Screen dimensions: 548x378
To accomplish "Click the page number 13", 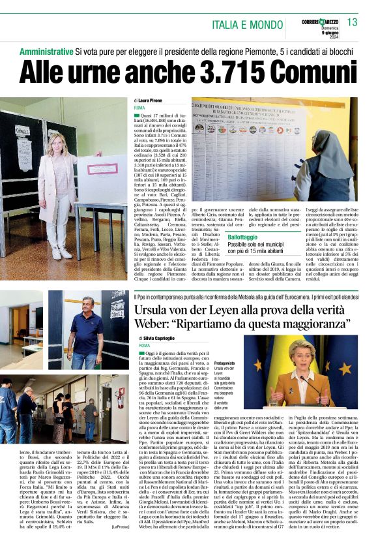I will click(352, 23).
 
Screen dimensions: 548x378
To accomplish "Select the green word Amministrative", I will click(46, 50).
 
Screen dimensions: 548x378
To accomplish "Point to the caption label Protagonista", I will click(224, 363).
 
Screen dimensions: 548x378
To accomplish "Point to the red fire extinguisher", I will click(121, 399).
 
